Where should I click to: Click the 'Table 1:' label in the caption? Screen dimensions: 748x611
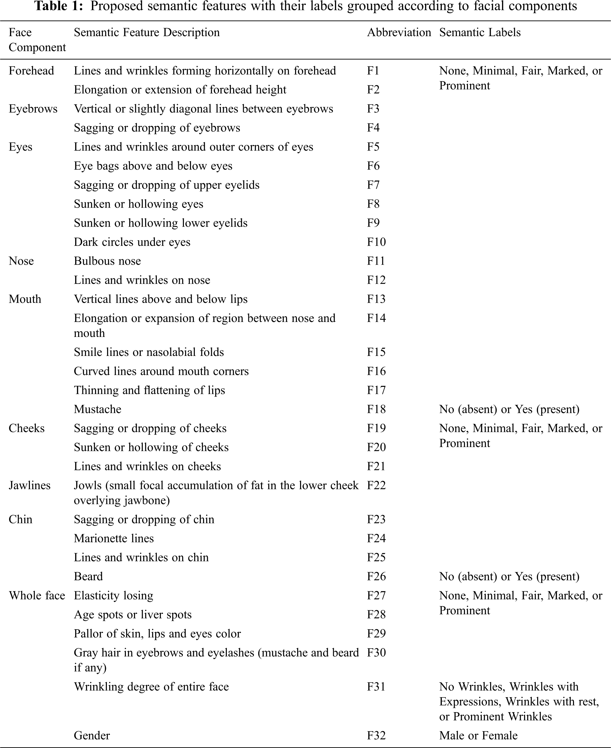click(x=59, y=6)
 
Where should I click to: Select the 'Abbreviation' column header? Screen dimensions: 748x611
click(x=399, y=33)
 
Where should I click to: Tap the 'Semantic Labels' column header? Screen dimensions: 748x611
click(x=480, y=33)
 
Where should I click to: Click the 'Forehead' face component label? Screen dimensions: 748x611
click(x=31, y=71)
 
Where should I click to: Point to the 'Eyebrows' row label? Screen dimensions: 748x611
click(x=33, y=109)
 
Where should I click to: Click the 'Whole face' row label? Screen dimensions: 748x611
click(x=37, y=596)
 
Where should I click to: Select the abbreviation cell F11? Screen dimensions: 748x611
click(x=376, y=261)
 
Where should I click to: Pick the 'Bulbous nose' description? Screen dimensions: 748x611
click(x=107, y=261)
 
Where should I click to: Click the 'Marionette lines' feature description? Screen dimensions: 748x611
click(x=114, y=539)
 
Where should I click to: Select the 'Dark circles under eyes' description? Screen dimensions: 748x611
click(x=132, y=242)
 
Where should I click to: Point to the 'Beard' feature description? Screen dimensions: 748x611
click(x=88, y=577)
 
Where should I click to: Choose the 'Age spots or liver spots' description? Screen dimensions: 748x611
click(x=133, y=615)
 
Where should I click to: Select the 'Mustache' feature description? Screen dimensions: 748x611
click(x=98, y=410)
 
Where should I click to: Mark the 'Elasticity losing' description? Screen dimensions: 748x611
click(x=113, y=596)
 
